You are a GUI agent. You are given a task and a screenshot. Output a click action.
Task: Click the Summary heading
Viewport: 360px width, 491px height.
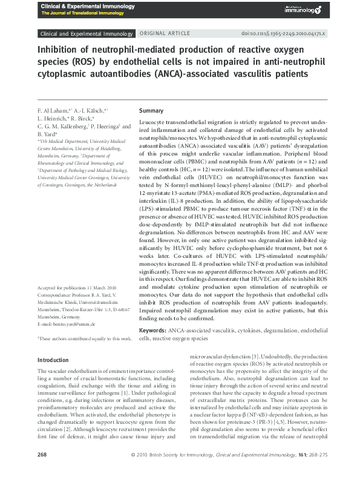151,111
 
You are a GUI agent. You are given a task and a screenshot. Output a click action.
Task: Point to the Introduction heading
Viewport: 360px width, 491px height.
53,360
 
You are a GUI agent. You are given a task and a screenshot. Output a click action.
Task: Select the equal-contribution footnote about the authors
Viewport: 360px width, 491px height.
85,339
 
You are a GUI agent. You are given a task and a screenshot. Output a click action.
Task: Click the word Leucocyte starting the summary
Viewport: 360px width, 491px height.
154,122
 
